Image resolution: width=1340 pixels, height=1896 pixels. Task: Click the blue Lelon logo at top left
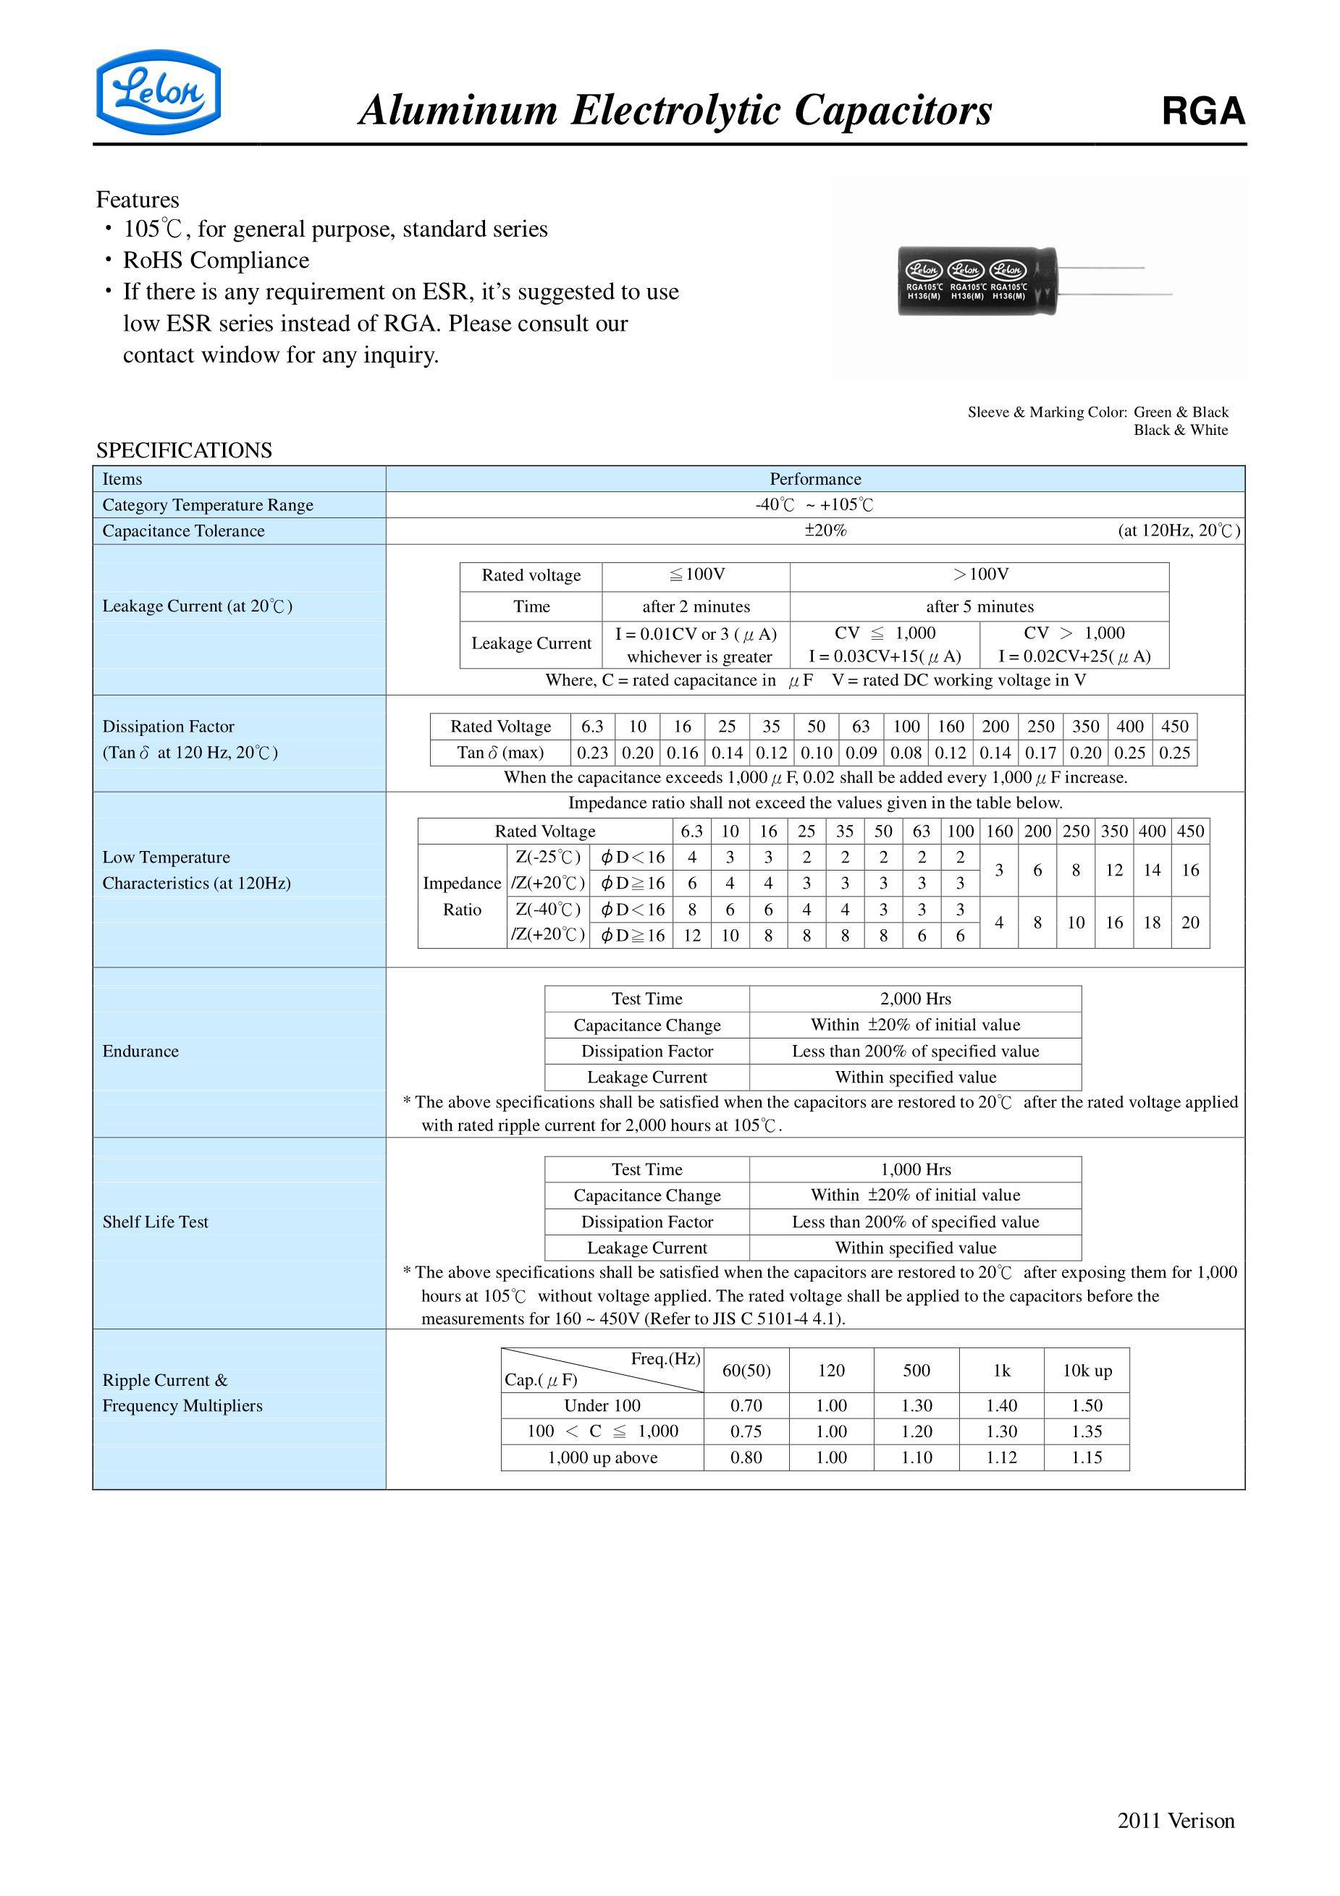point(158,92)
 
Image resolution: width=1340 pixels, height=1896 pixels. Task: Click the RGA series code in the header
point(1203,111)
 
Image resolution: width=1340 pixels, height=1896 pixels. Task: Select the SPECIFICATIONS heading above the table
point(183,450)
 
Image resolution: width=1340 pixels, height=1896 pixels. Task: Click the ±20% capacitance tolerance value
point(825,530)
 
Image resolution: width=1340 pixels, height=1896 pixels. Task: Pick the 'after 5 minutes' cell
point(979,606)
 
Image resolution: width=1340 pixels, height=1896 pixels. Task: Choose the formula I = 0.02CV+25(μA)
point(1074,656)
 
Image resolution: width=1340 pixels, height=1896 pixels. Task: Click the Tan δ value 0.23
point(592,753)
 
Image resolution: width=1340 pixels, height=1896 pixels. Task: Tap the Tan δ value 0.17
point(1040,753)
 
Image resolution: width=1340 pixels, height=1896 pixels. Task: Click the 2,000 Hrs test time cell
point(915,999)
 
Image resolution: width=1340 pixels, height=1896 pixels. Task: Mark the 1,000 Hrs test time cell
point(915,1169)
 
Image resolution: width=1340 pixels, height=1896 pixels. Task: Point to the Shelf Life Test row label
point(156,1222)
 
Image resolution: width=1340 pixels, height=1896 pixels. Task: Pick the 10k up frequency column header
point(1087,1370)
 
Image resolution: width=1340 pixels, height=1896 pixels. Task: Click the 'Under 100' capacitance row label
point(602,1405)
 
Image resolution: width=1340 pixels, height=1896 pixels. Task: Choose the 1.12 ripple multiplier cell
point(1001,1457)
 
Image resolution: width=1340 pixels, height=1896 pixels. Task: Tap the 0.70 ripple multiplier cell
point(746,1405)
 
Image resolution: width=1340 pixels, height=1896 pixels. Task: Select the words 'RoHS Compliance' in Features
point(216,260)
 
